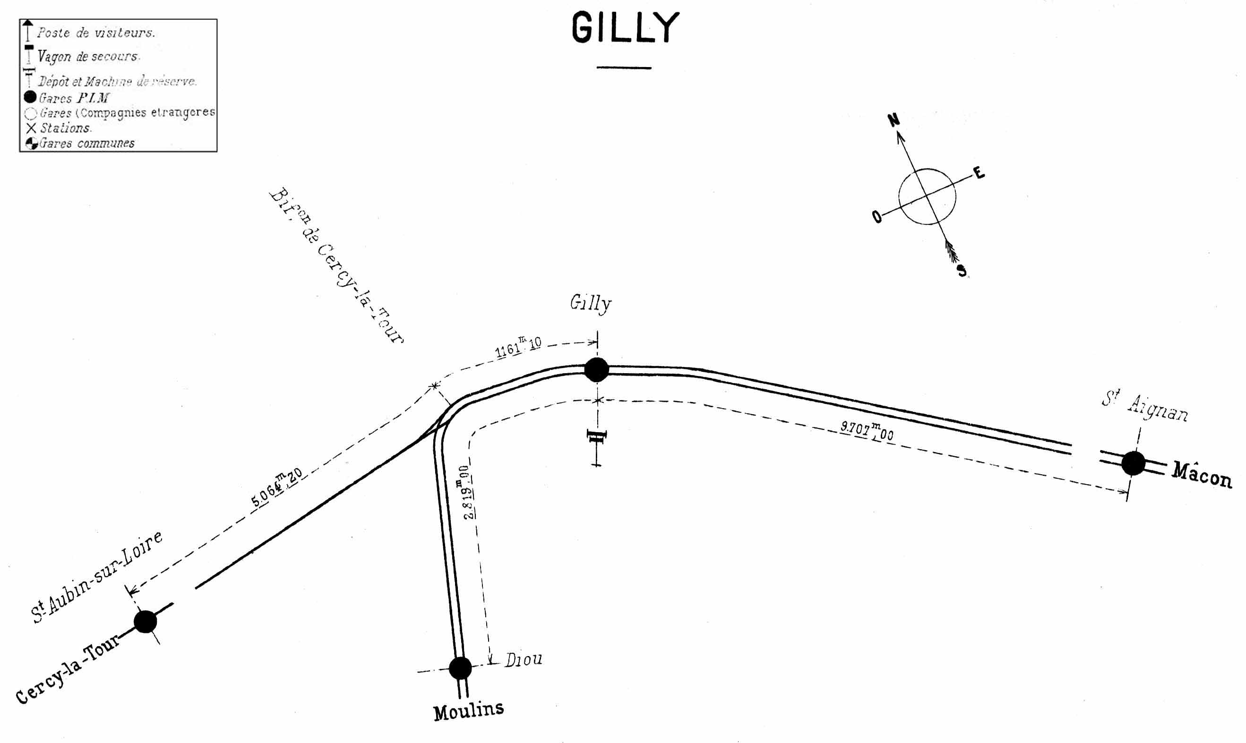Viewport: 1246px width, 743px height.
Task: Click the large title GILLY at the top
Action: (x=625, y=28)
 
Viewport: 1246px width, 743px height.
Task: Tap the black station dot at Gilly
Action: (x=596, y=369)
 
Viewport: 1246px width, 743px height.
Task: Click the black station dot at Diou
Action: (x=460, y=668)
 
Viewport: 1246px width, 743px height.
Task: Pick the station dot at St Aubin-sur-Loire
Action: (x=145, y=621)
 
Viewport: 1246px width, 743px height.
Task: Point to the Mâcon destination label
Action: (x=1202, y=476)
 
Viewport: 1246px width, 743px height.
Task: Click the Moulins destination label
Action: (x=468, y=710)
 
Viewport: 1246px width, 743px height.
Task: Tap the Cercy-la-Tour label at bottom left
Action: (x=68, y=669)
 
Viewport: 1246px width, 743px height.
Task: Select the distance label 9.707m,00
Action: (x=867, y=431)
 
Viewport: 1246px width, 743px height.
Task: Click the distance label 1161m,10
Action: (x=518, y=347)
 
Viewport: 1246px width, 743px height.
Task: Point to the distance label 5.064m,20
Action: (x=276, y=487)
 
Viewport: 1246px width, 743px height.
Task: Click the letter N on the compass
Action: (x=894, y=120)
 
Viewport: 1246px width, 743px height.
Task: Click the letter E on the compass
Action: (x=979, y=173)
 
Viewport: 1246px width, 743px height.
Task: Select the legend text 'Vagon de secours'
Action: (x=87, y=57)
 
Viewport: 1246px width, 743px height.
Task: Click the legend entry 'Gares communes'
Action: (x=86, y=143)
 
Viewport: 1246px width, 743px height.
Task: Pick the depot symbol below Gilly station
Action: (x=596, y=437)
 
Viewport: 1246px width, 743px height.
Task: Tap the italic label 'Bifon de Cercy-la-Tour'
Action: (x=336, y=265)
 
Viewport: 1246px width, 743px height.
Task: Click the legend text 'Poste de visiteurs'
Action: (x=95, y=33)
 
